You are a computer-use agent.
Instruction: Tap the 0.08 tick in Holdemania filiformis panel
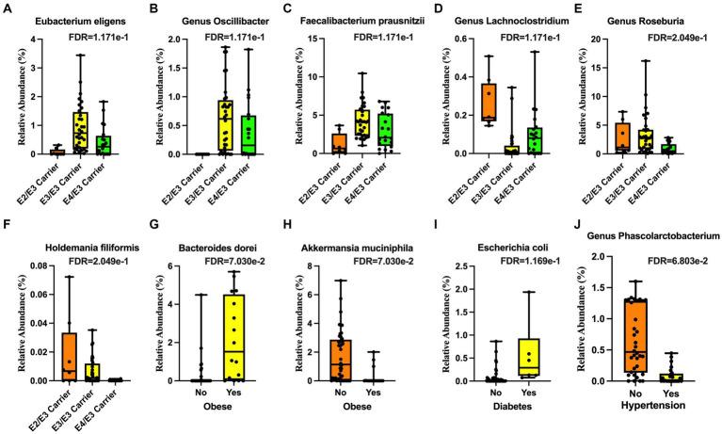[26, 266]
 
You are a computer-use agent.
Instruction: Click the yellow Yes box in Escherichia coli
[529, 359]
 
